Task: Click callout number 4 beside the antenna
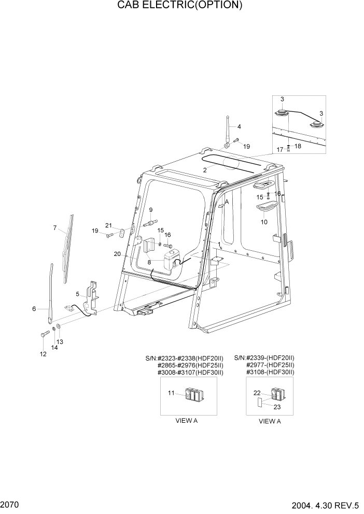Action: (239, 126)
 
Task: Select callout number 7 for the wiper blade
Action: (54, 227)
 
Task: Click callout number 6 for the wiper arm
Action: (34, 309)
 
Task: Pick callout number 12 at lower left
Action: (43, 354)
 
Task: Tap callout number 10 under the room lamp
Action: (264, 222)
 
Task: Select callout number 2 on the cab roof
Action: (205, 170)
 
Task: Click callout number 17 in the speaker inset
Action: (279, 149)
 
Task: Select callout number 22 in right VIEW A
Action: (257, 393)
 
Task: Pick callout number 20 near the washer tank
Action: (117, 254)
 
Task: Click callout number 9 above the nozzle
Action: (151, 209)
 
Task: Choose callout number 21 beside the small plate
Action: (108, 225)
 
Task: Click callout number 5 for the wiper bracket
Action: (77, 294)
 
